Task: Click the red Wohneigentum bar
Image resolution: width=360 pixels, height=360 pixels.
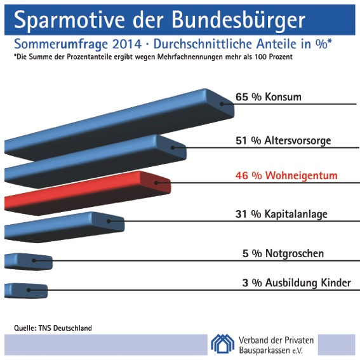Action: point(89,190)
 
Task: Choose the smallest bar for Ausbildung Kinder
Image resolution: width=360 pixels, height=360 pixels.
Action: point(26,290)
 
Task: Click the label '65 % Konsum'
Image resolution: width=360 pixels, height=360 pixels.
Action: point(268,97)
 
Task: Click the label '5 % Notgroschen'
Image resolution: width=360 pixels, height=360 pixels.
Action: point(283,253)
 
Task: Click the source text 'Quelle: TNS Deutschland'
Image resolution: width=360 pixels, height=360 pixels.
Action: point(53,328)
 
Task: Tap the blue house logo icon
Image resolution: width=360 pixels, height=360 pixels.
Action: point(223,343)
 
